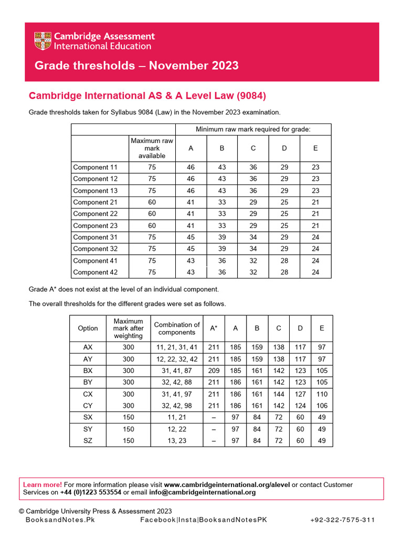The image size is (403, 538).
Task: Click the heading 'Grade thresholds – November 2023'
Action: pos(136,66)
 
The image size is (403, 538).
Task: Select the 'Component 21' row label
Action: pos(95,202)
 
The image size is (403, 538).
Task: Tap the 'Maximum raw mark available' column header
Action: pos(152,149)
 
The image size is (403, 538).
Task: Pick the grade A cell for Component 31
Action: pos(190,237)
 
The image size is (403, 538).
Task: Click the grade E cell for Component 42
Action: pos(315,272)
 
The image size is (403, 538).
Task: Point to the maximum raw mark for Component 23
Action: pos(152,225)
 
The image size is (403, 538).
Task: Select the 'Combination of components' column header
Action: pos(177,328)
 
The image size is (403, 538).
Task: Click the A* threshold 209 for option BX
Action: pos(214,371)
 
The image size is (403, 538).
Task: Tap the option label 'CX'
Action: pos(88,394)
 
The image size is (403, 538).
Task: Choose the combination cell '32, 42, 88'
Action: pos(177,382)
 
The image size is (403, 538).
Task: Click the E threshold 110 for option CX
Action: pos(322,394)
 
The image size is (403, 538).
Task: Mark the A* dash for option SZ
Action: pos(214,441)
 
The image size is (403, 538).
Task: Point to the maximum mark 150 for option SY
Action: pos(128,429)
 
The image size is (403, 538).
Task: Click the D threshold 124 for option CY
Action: pos(300,406)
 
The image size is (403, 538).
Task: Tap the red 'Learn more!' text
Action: pos(43,484)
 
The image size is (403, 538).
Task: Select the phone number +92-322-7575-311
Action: pos(342,520)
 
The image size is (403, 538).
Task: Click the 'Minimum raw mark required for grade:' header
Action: pos(253,129)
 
